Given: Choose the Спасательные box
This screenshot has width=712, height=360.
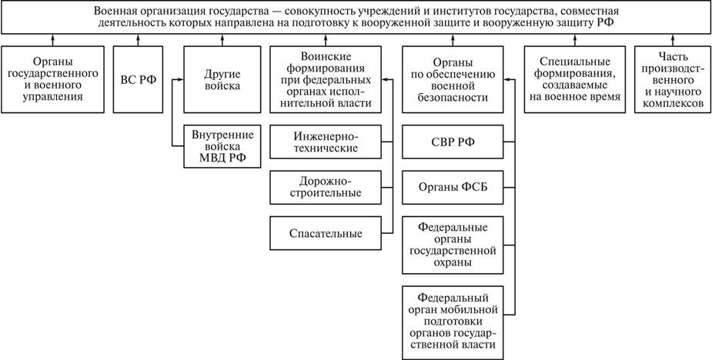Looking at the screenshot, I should tap(326, 232).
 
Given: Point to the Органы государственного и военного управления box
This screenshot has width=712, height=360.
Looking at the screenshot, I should tap(52, 79).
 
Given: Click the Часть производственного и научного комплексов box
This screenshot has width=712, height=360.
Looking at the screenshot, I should tap(668, 79).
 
